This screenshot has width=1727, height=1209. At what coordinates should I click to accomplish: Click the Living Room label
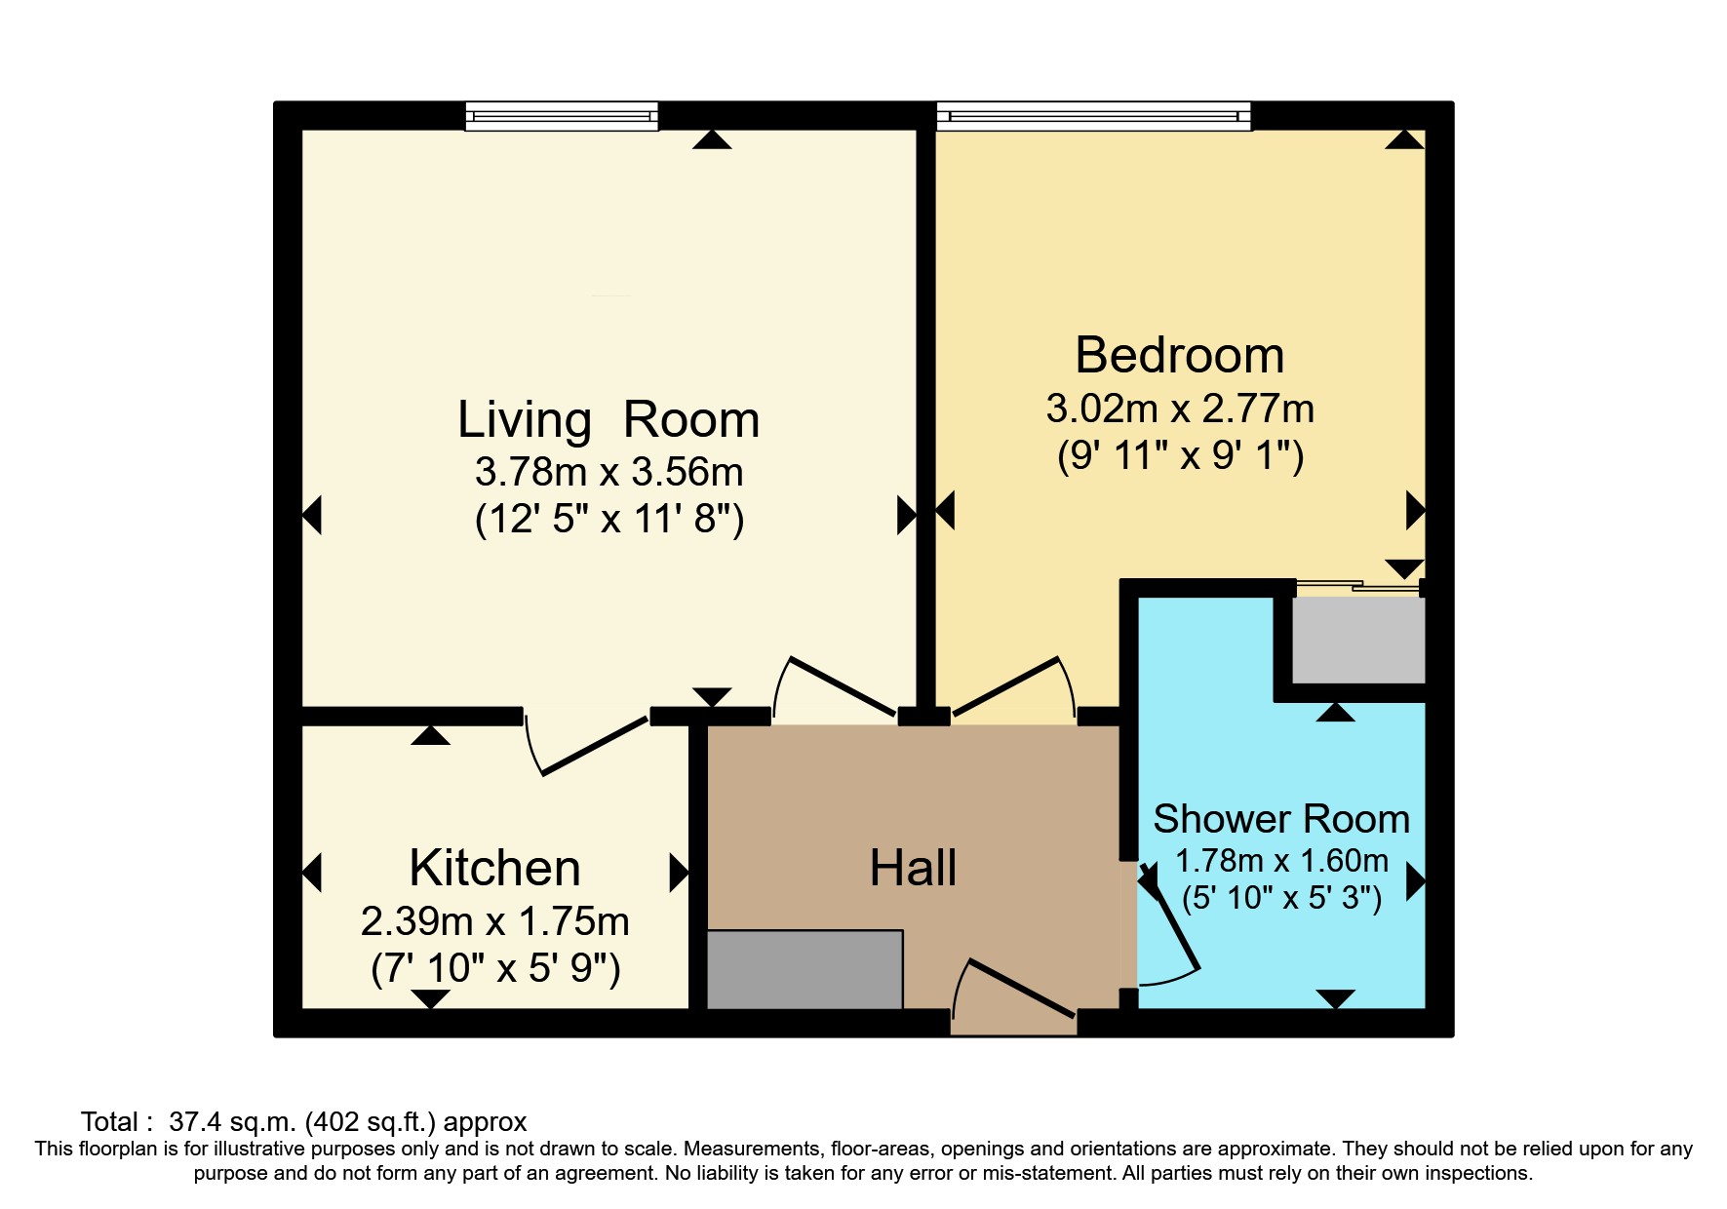(608, 420)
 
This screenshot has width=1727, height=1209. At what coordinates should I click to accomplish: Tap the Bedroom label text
(1180, 355)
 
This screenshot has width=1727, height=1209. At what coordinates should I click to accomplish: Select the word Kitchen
(494, 868)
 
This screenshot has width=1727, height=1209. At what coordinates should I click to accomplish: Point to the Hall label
(913, 868)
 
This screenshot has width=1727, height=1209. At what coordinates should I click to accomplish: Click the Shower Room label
(1281, 819)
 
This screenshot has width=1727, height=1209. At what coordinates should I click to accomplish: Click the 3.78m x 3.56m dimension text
(608, 472)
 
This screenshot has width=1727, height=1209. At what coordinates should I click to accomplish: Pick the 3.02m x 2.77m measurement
(1180, 409)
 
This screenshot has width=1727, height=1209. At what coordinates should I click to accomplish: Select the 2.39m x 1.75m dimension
(494, 921)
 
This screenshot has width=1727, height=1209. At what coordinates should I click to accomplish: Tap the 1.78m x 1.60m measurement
(1281, 861)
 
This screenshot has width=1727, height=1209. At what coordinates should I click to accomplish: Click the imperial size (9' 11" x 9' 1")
(1180, 456)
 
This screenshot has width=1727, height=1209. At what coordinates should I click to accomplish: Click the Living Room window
(562, 116)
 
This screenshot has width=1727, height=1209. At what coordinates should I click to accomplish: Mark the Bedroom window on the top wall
(1093, 116)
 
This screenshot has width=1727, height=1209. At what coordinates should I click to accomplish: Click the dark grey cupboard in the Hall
(805, 969)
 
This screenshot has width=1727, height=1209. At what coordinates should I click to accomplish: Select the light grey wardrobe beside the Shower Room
(1358, 640)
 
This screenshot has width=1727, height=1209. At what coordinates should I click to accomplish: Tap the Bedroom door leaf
(1005, 687)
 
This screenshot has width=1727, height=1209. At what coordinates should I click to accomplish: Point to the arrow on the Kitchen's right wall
(679, 873)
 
